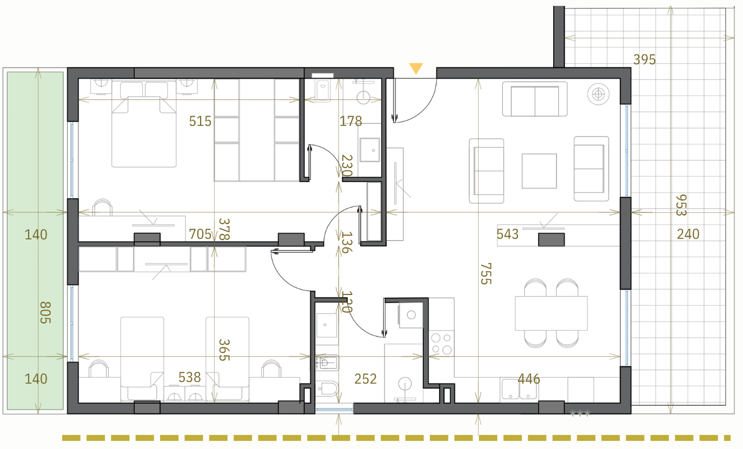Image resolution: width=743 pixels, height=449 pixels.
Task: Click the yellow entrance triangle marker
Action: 416,68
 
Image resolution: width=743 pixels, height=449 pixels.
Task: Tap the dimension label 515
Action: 200,121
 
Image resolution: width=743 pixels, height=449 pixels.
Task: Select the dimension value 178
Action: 350,121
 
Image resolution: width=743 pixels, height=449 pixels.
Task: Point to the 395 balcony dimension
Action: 645,59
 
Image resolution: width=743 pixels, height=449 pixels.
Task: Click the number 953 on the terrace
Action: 681,205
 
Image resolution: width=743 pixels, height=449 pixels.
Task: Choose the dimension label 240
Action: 688,234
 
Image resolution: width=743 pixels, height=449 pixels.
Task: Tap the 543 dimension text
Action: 507,234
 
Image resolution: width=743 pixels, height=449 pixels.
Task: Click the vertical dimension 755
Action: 486,274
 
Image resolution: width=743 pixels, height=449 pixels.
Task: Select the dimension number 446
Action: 529,379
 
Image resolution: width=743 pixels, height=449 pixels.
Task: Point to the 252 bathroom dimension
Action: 366,379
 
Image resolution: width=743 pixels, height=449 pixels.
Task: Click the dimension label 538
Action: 189,377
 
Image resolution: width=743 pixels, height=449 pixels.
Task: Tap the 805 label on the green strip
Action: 45,312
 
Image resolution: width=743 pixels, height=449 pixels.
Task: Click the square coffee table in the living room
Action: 539,171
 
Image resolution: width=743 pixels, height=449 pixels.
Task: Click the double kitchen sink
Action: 519,388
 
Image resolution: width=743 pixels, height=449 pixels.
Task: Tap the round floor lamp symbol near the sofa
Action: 599,94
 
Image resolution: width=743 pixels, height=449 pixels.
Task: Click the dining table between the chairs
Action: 551,313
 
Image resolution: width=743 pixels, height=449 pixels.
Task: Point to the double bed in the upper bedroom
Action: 144,124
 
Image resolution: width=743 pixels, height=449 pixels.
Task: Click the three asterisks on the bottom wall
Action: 580,413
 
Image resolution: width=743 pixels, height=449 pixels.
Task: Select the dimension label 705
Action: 200,234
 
